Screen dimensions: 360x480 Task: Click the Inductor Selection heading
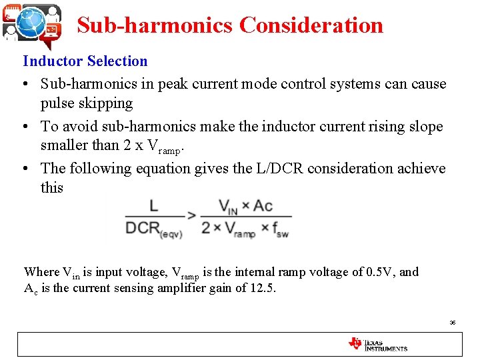[x=85, y=61]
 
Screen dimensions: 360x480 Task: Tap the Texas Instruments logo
[x=377, y=344]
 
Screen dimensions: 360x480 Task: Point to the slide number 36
[x=453, y=323]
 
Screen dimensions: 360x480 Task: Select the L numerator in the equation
[x=154, y=205]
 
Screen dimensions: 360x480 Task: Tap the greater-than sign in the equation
[x=191, y=216]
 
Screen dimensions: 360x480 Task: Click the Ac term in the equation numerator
[x=263, y=205]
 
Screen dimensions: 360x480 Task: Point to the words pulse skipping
[x=87, y=103]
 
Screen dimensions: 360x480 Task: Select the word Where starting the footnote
[x=41, y=272]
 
